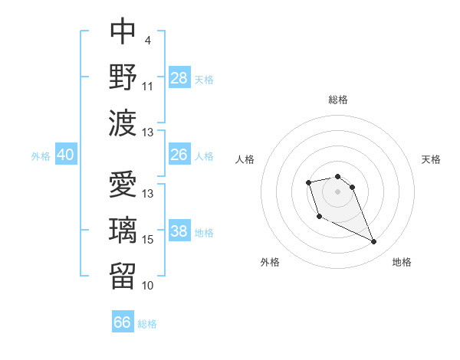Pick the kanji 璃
tap(123, 229)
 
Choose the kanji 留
tap(123, 273)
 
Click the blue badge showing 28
tap(179, 77)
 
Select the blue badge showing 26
tap(179, 155)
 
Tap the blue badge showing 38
tap(179, 231)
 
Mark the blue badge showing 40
tap(66, 155)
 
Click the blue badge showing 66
tap(123, 322)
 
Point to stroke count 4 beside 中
tap(147, 41)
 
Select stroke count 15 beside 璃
tap(148, 240)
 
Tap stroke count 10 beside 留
tap(148, 285)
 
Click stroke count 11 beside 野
tap(147, 87)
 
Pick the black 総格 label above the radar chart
tap(338, 100)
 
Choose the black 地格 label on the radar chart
tap(402, 262)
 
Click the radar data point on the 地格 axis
tap(374, 243)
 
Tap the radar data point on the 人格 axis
tap(308, 182)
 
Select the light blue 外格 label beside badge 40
tap(41, 155)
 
